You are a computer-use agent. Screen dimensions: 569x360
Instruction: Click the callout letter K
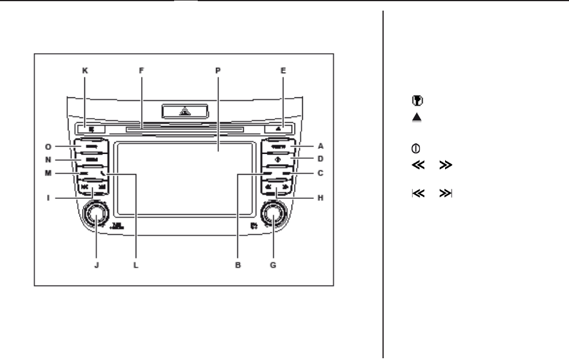point(84,69)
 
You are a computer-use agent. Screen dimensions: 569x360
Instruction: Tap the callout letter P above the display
point(218,69)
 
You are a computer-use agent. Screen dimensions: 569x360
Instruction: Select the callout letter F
point(141,69)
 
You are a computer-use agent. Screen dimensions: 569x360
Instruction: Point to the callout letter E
point(283,69)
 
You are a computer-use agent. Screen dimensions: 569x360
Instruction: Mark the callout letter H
point(321,199)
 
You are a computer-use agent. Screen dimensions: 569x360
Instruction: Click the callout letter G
point(273,266)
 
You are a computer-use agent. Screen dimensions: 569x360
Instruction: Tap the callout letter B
point(237,266)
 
